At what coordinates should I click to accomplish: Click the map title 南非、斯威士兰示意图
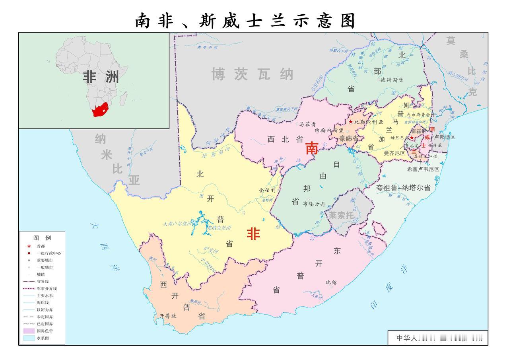pyautogui.click(x=245, y=21)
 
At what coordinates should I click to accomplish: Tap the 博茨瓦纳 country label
pyautogui.click(x=253, y=74)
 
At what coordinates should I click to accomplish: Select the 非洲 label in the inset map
pyautogui.click(x=101, y=77)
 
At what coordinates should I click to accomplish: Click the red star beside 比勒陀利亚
pyautogui.click(x=350, y=122)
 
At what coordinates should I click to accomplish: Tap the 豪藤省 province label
pyautogui.click(x=349, y=138)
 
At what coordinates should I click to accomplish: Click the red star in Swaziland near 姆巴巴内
pyautogui.click(x=412, y=138)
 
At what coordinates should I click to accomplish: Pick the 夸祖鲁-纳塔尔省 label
pyautogui.click(x=403, y=188)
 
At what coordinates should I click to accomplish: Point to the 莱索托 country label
pyautogui.click(x=341, y=215)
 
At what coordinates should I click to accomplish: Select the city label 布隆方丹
pyautogui.click(x=314, y=204)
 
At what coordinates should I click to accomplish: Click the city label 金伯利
pyautogui.click(x=267, y=190)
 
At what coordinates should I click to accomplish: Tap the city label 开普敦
pyautogui.click(x=168, y=316)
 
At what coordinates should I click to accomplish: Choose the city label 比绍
pyautogui.click(x=331, y=283)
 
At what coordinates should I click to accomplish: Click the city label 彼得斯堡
pyautogui.click(x=392, y=80)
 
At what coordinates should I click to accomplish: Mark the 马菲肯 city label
pyautogui.click(x=307, y=124)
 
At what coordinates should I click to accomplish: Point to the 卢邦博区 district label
pyautogui.click(x=444, y=137)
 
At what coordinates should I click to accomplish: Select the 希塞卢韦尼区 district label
pyautogui.click(x=423, y=169)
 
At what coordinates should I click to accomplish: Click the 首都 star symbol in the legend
pyautogui.click(x=29, y=246)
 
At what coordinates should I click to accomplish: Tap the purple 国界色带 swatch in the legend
pyautogui.click(x=29, y=331)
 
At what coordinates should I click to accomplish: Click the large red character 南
pyautogui.click(x=312, y=148)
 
